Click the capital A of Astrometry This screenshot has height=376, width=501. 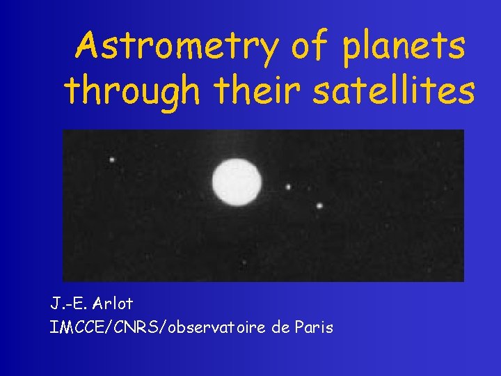[91, 46]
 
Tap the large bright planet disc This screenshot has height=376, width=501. [237, 181]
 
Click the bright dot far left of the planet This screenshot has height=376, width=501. [111, 159]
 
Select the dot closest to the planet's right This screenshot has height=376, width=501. [288, 187]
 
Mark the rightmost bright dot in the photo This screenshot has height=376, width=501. [319, 205]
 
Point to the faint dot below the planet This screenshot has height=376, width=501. [243, 263]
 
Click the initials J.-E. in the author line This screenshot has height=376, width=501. [67, 304]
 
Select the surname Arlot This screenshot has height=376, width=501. [111, 304]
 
